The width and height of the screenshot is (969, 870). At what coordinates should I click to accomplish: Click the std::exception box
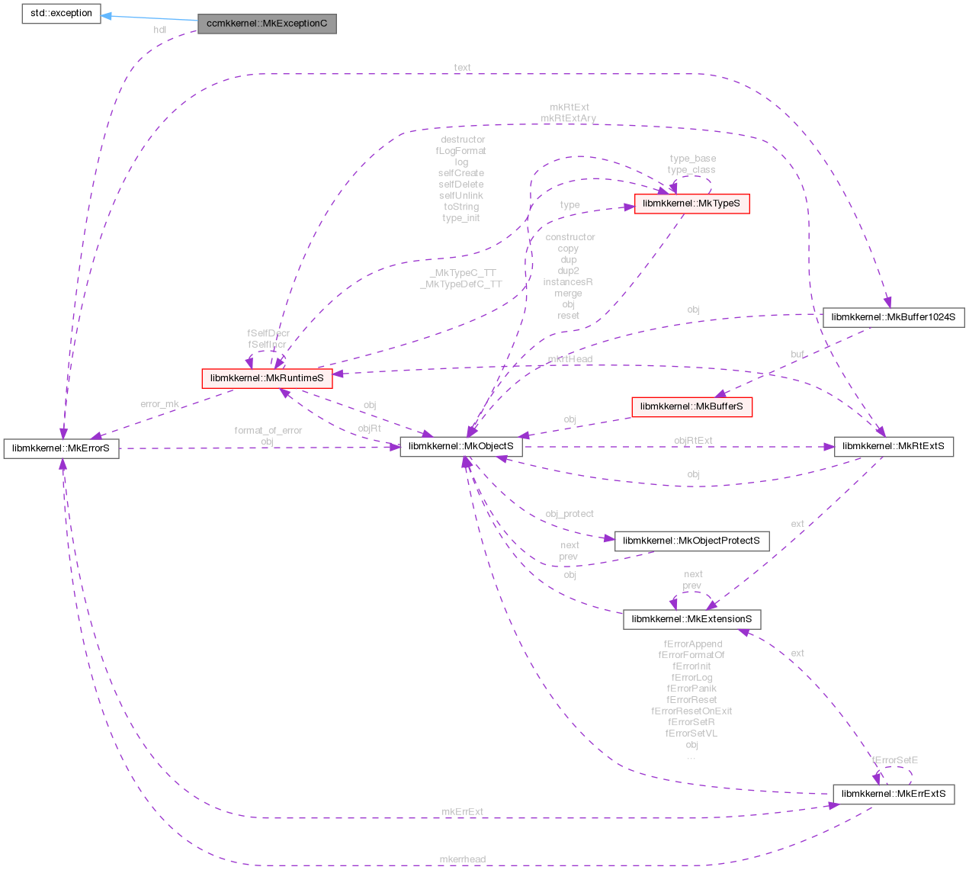pos(61,14)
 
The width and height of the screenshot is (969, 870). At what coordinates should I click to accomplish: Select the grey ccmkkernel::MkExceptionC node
pos(267,24)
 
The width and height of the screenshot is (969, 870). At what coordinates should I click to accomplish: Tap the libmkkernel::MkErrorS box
pos(61,448)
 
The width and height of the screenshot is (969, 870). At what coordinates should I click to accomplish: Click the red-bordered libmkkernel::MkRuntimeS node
pos(267,377)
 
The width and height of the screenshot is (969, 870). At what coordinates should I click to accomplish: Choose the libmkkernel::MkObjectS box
pos(461,446)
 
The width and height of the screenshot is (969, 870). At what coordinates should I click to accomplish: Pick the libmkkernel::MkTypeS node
pos(691,204)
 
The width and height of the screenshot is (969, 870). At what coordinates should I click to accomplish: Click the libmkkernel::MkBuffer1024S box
pos(894,316)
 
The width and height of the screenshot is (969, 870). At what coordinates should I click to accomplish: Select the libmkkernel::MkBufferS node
pos(691,406)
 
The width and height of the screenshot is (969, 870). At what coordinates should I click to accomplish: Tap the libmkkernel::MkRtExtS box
pos(894,446)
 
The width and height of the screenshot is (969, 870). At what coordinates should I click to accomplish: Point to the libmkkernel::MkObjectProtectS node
pos(691,541)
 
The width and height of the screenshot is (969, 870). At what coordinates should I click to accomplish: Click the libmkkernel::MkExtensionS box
pos(691,618)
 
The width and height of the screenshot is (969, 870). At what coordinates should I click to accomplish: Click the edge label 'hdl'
pos(160,30)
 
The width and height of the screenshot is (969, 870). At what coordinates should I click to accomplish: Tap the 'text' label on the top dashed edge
pos(462,67)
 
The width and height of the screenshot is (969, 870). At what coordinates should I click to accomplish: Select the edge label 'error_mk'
pos(160,403)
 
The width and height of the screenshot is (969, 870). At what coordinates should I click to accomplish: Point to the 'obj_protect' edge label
pos(570,514)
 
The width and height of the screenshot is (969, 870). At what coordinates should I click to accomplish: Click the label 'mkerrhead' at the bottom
pos(462,859)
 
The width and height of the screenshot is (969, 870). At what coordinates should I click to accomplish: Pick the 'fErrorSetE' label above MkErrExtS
pos(895,760)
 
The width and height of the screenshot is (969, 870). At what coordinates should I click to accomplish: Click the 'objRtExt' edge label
pos(693,440)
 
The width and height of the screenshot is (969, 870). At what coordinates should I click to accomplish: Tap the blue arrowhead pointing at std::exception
pos(107,15)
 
